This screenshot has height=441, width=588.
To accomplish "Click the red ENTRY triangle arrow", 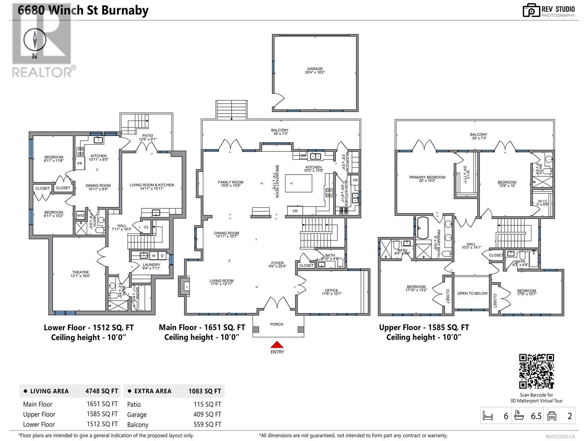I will tap(277, 345).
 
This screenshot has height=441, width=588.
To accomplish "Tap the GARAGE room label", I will tap(315, 69).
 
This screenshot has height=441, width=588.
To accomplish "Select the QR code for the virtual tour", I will tap(536, 371).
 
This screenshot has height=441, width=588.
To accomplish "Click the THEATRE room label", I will tap(80, 272).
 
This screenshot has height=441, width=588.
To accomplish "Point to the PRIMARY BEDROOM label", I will tap(427, 177).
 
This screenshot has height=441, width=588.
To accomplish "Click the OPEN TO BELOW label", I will tap(472, 293).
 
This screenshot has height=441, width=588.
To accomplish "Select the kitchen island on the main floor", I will tap(298, 183).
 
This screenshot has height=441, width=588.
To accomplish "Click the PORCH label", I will tap(277, 324).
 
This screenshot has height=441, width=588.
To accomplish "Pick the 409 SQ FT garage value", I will tap(207, 415).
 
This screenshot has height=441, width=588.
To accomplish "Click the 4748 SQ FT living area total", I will tap(101, 391).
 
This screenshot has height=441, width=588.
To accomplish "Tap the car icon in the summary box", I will tap(552, 416).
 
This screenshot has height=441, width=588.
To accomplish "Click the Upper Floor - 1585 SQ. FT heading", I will tap(424, 327).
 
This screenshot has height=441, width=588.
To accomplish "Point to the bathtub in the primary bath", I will tap(423, 228).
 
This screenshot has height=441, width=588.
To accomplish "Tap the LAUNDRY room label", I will tap(151, 265).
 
